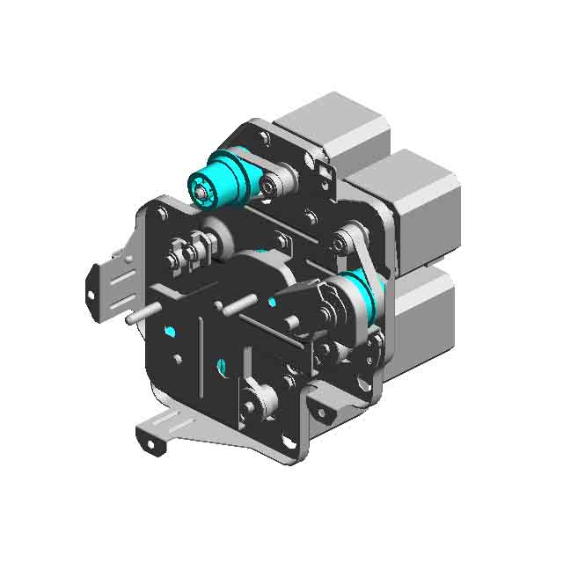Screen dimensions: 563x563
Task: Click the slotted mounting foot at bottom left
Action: click(x=167, y=431)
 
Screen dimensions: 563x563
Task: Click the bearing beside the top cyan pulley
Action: click(x=269, y=185)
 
